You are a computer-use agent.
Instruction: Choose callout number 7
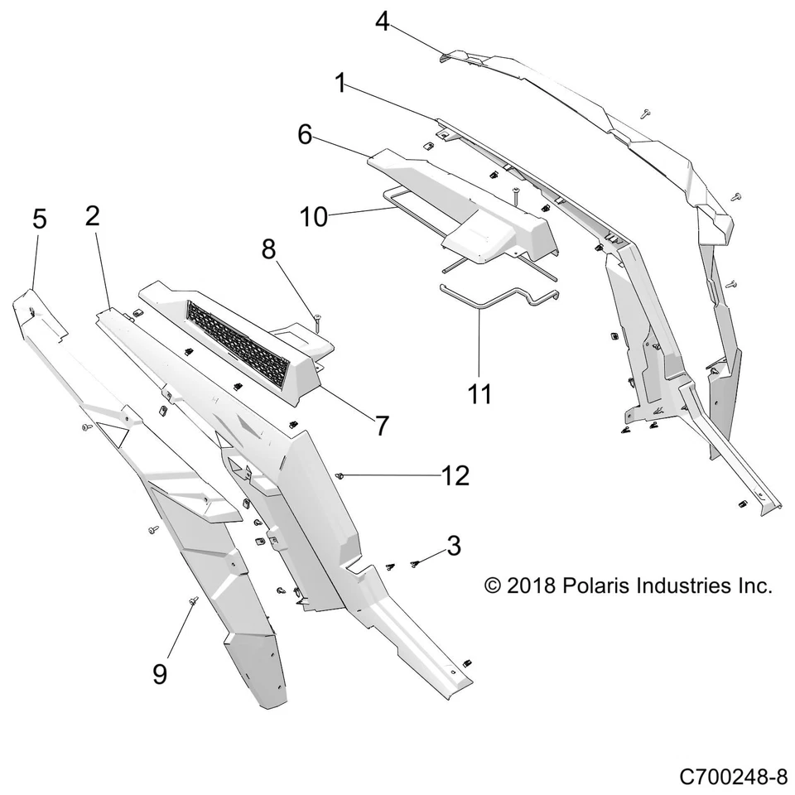(x=381, y=426)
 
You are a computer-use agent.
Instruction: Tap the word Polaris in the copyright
(x=595, y=585)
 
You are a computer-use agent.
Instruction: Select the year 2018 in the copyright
(x=531, y=585)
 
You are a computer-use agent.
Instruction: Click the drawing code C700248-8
(x=733, y=777)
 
